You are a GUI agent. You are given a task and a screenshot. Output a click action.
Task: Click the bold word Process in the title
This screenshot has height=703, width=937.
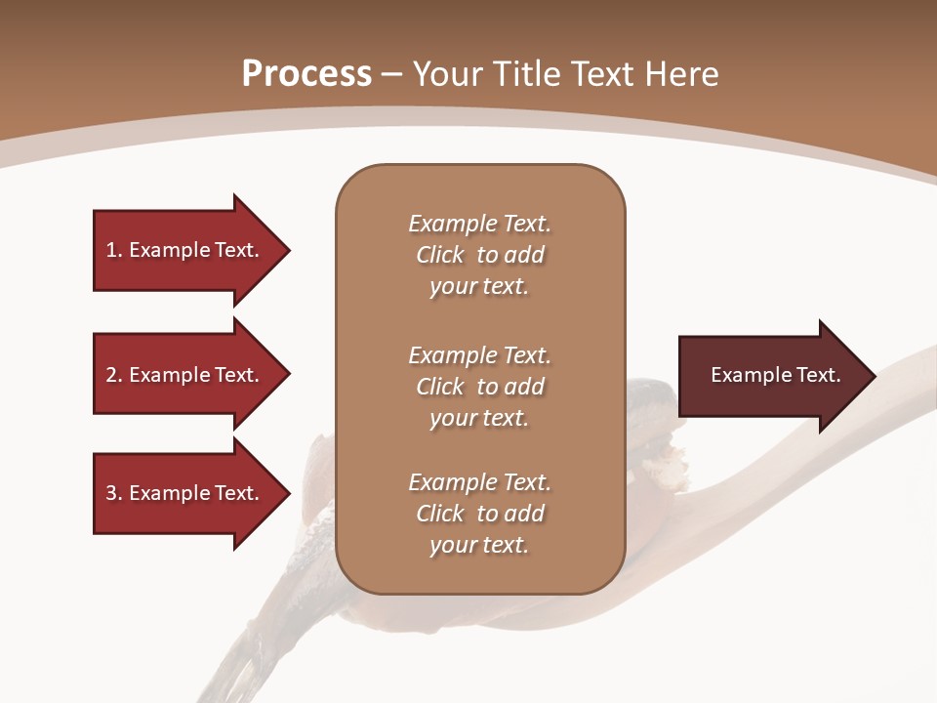click(x=306, y=74)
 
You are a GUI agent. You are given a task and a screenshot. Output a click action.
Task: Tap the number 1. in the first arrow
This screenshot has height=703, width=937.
click(x=114, y=250)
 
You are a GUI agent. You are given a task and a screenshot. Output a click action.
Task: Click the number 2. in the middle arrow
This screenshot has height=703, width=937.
click(x=114, y=375)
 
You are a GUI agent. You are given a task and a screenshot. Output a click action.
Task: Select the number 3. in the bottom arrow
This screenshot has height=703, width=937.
click(x=114, y=493)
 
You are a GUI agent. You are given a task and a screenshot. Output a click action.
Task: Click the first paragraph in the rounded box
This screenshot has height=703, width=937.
click(x=479, y=255)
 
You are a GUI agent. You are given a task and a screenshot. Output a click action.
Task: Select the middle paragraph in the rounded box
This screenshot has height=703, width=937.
click(x=479, y=387)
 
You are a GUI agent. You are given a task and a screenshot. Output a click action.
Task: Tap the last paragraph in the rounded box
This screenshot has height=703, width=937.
click(x=479, y=514)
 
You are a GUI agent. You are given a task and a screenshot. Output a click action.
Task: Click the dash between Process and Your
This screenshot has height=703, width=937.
click(x=392, y=75)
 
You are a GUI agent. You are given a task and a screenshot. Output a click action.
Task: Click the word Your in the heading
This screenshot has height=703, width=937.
click(x=449, y=74)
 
